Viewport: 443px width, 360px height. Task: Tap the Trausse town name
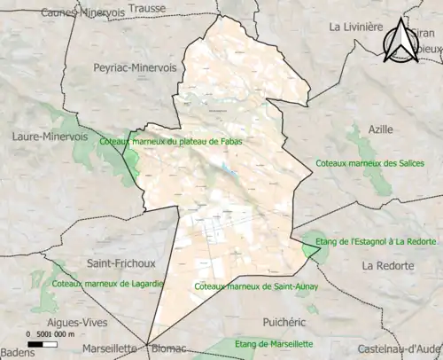(x=146, y=8)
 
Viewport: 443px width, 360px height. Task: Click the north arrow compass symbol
(x=400, y=38)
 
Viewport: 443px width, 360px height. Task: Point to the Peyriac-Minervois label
(x=136, y=67)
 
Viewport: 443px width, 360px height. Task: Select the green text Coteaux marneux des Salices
(x=364, y=163)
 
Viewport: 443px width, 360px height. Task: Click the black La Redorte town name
(x=387, y=266)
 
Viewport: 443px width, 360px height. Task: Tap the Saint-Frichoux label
(x=120, y=263)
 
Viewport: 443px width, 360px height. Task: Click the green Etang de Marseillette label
(x=275, y=343)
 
